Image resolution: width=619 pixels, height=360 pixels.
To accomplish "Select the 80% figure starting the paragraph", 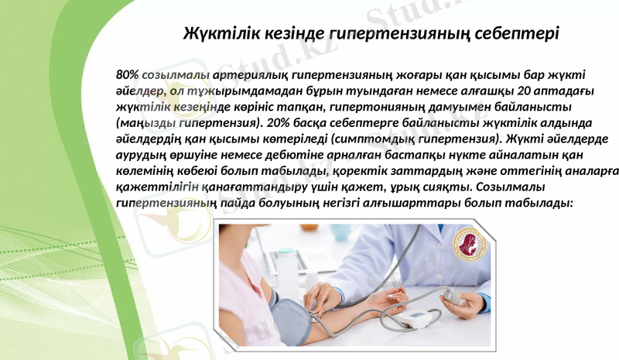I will [128, 75].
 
